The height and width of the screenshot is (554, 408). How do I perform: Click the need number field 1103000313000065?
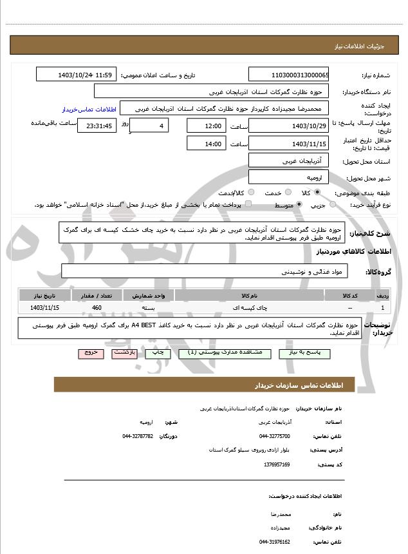tap(289, 75)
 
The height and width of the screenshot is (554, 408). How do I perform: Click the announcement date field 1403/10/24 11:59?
tap(76, 75)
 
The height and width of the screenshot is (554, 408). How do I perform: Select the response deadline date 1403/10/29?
tap(289, 125)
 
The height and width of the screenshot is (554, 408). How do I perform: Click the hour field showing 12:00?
tap(206, 126)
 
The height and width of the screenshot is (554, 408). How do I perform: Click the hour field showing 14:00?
tap(206, 144)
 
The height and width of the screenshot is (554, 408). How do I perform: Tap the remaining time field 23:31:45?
tap(97, 126)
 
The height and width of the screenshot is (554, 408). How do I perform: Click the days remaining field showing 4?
tap(150, 125)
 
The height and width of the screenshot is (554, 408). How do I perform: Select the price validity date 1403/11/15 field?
tap(289, 144)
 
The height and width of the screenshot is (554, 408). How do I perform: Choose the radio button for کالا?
tap(317, 193)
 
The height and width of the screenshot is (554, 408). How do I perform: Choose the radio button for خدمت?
tap(287, 193)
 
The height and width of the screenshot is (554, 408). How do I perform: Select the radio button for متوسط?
tap(298, 205)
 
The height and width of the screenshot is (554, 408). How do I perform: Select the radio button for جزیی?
tap(333, 205)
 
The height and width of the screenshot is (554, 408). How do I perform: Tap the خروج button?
tap(90, 353)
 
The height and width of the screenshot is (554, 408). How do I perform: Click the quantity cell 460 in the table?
tap(97, 308)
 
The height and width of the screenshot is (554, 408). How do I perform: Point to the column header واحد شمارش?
tap(149, 296)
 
